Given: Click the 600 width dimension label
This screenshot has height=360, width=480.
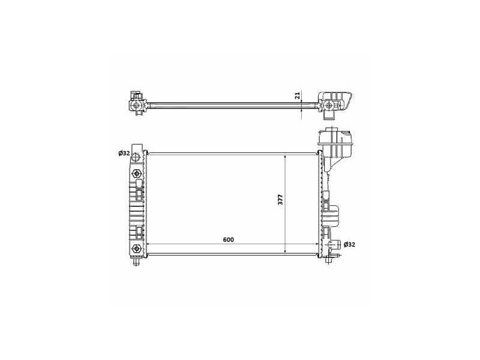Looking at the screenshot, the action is coord(229,239).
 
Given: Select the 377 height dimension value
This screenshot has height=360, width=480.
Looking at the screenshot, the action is coord(281,199).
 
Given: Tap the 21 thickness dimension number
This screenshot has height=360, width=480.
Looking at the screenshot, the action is coord(297,95).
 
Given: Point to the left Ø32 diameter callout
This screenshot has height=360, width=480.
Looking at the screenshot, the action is coord(124,154).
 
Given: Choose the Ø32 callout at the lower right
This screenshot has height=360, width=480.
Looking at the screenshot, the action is coord(349,245).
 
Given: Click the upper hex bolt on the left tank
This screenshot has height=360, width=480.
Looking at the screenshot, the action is coord(136,174).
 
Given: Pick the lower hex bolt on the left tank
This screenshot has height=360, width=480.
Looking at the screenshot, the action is coord(136,248).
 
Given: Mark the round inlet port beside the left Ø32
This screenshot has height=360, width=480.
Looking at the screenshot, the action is coord(137,157).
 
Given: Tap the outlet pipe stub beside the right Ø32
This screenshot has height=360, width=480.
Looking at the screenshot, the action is coord(335,245).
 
